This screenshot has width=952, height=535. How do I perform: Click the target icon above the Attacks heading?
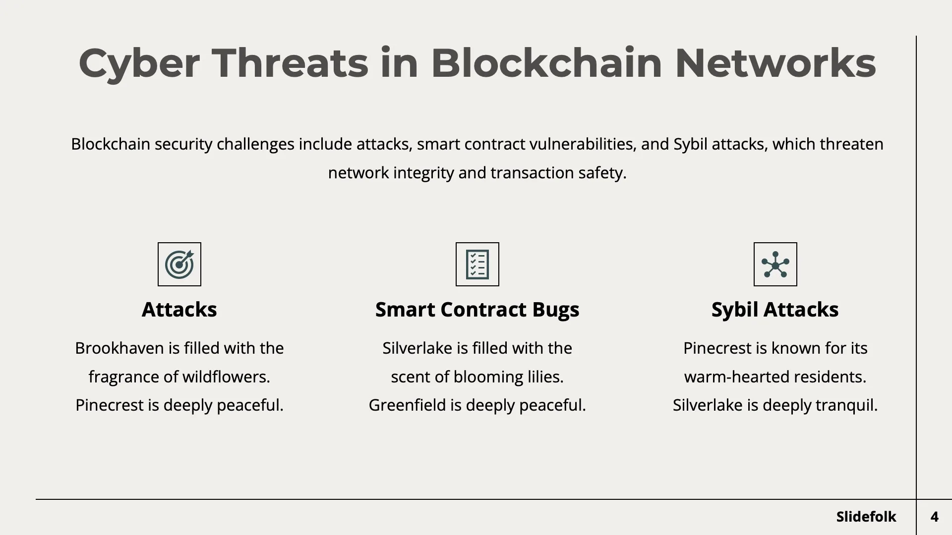(x=179, y=264)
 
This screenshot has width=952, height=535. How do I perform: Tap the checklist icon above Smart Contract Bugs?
(x=477, y=264)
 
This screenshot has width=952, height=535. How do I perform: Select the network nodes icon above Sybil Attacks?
(x=775, y=264)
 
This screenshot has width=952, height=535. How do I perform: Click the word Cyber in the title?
(x=139, y=63)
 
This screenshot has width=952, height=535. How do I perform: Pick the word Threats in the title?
(x=290, y=63)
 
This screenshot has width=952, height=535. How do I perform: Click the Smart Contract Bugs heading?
(x=477, y=310)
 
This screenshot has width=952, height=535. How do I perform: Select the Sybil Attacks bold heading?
(x=775, y=310)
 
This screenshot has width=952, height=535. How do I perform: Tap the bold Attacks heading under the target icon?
(x=179, y=310)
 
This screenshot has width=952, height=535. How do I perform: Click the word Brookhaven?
(x=119, y=348)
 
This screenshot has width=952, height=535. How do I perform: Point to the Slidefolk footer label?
(x=866, y=517)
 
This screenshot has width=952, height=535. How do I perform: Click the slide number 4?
(x=934, y=517)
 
